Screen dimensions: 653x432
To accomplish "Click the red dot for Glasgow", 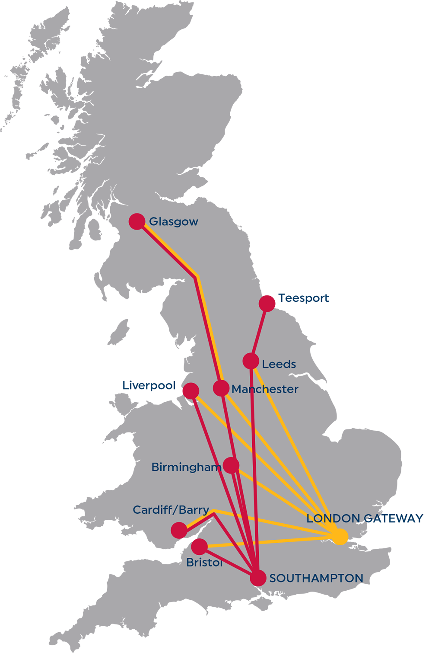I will pos(137,221).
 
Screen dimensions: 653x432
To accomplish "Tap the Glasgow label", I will pos(173,222).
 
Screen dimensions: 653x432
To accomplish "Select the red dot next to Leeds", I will pos(251,361).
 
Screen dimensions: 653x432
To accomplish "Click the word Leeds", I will pos(279,364).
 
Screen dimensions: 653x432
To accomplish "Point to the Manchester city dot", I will pos(221,388).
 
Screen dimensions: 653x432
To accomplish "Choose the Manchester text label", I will pos(265,389).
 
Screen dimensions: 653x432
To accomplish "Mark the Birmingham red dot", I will pos(232,465).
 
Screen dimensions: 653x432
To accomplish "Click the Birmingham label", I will pos(186,467).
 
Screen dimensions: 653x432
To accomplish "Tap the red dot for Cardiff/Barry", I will pos(179,530).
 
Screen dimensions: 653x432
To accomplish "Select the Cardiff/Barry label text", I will pos(171,510).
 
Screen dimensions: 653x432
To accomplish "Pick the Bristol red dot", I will pos(199,547).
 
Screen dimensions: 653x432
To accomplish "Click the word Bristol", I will pos(204,562).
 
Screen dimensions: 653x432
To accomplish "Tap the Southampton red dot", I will pos(258,578).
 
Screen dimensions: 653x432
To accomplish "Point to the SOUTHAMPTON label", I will pos(316,578).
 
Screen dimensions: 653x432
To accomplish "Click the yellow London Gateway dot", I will pos(340,537).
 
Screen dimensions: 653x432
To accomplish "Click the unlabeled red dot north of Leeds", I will pos(267,304).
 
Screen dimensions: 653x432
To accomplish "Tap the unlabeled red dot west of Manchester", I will pos(191,391).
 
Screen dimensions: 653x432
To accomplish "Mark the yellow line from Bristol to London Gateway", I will pos(268,542).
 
